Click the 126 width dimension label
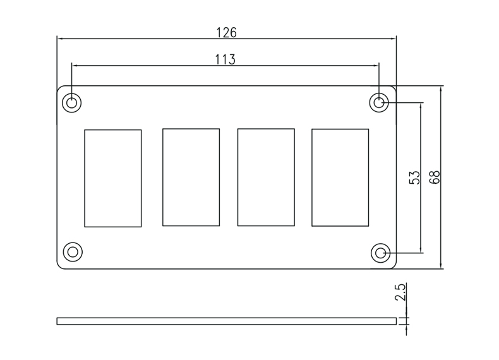pyautogui.click(x=226, y=32)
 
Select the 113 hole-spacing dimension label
pyautogui.click(x=225, y=59)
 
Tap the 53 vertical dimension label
pyautogui.click(x=414, y=177)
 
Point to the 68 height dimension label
pyautogui.click(x=435, y=177)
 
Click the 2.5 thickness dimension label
pyautogui.click(x=400, y=292)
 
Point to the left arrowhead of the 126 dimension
pyautogui.click(x=61, y=39)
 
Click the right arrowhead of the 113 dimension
pyautogui.click(x=376, y=66)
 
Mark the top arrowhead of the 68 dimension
pyautogui.click(x=441, y=89)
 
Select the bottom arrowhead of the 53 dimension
pyautogui.click(x=421, y=249)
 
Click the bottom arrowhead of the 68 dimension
pyautogui.click(x=441, y=265)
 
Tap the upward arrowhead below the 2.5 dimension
pyautogui.click(x=406, y=328)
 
